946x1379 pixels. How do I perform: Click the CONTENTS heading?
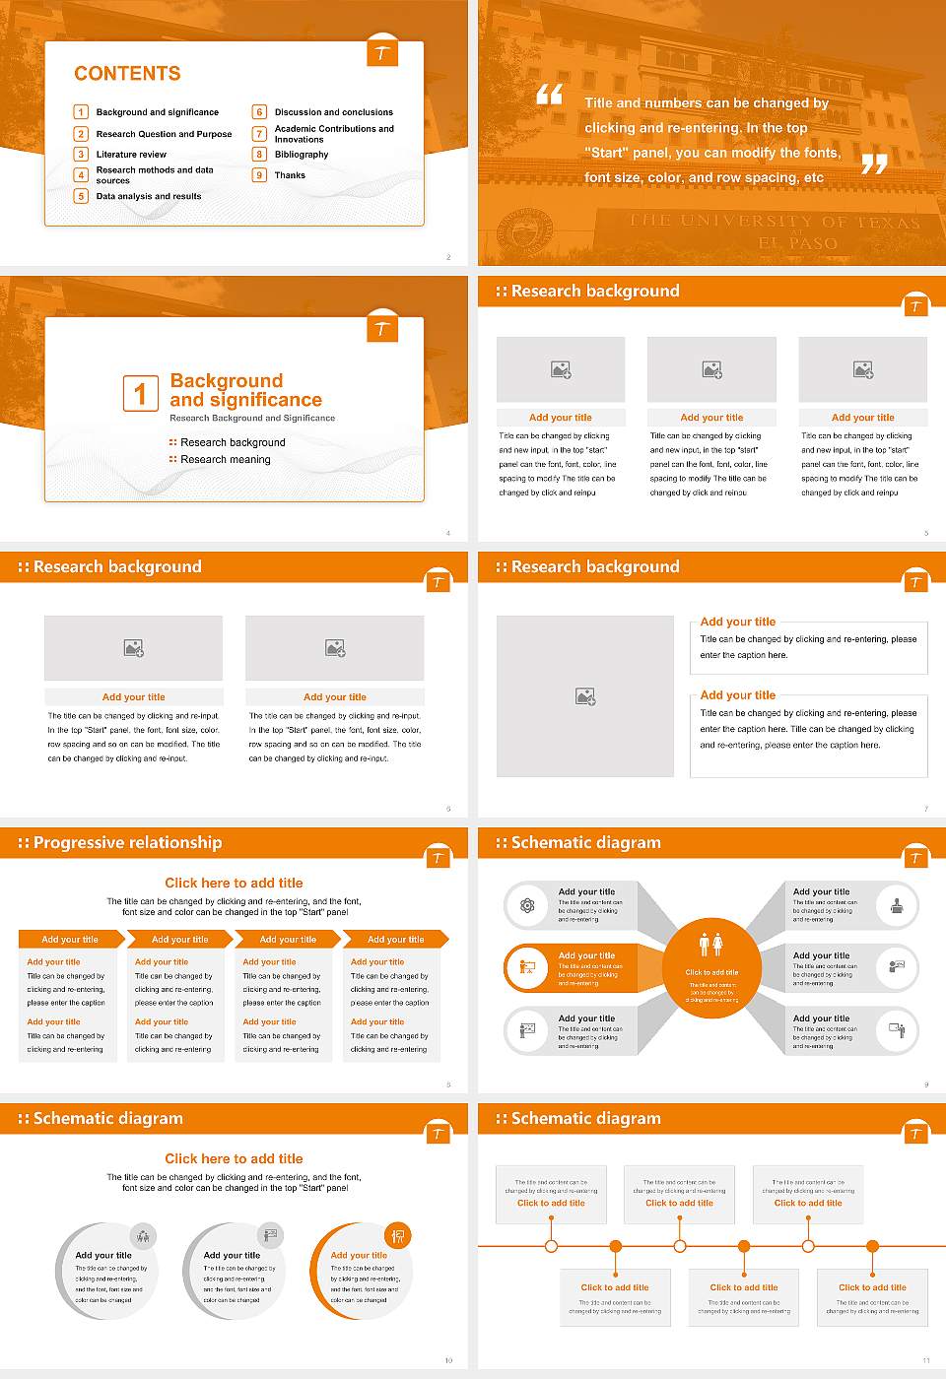tap(127, 74)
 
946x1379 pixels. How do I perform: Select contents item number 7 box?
tap(259, 133)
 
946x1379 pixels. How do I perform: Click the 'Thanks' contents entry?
tap(290, 175)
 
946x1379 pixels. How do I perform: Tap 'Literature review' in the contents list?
tap(131, 155)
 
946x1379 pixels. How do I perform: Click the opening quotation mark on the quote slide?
tap(549, 95)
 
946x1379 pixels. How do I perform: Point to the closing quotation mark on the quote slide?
tap(874, 164)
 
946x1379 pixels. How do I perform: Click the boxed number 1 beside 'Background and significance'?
tap(140, 393)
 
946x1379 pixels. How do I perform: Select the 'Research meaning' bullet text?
tap(225, 459)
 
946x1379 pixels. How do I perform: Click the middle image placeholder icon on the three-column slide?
tap(711, 369)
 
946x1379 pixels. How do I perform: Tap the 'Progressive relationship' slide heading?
tap(127, 842)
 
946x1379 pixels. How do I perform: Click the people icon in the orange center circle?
tap(710, 944)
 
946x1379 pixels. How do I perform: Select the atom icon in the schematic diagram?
tap(527, 905)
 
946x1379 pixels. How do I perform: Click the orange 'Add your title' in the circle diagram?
tap(359, 1255)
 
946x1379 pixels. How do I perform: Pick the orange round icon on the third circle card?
tap(398, 1235)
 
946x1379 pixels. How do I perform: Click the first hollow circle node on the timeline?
tap(551, 1246)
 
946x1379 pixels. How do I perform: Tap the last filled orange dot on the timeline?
tap(872, 1246)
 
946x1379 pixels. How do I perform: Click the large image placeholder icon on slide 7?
tap(585, 696)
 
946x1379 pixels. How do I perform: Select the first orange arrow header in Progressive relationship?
tap(70, 939)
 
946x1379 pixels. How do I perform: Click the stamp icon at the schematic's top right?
tap(897, 905)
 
